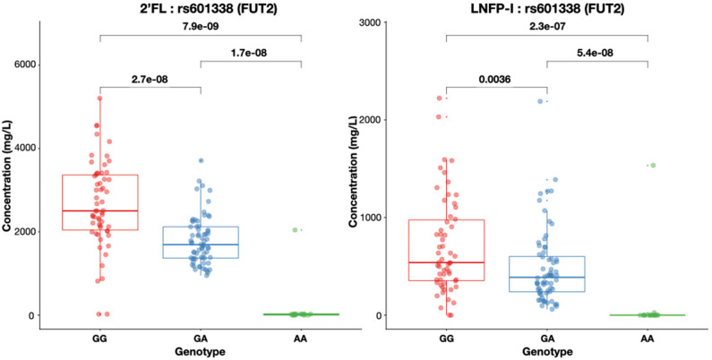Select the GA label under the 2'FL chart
point(201,340)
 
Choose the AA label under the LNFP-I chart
point(648,340)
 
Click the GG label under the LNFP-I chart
point(445,340)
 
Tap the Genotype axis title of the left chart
point(200,353)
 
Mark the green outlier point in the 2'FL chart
point(295,230)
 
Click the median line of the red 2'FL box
point(99,210)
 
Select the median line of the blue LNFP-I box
point(546,277)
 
